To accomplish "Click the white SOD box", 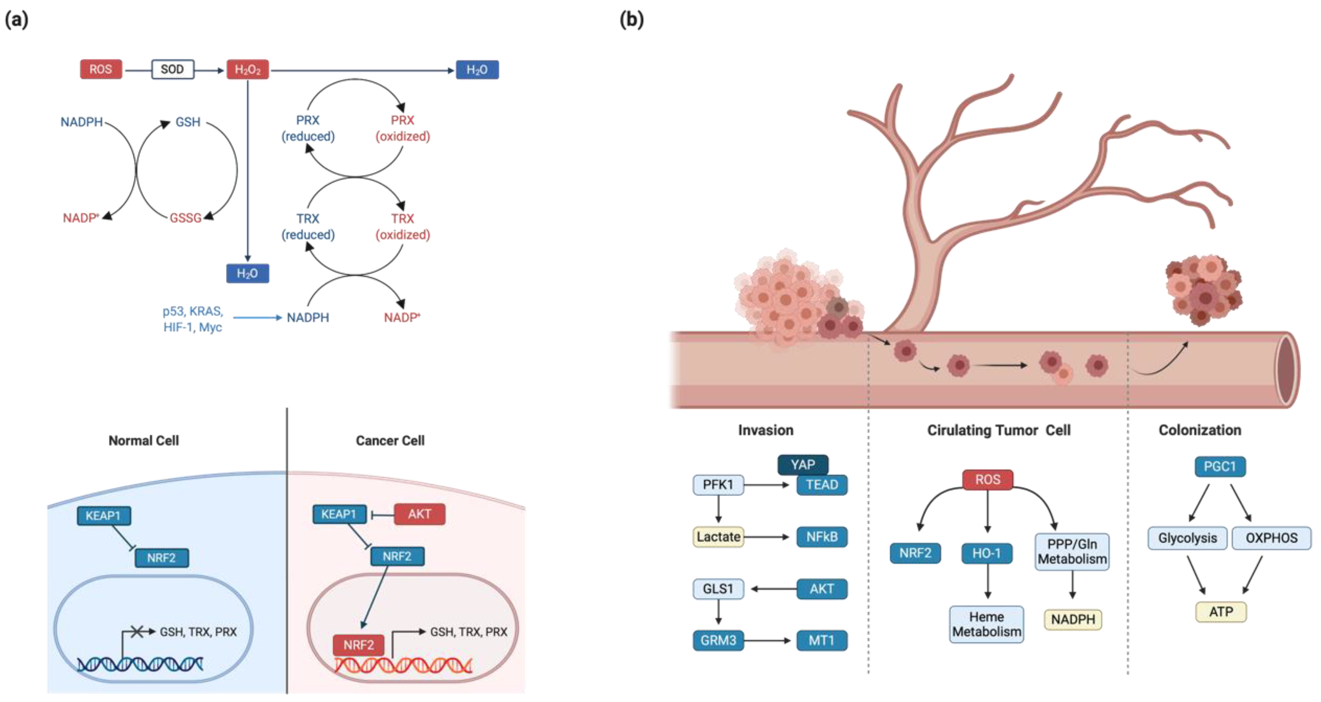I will [x=172, y=69].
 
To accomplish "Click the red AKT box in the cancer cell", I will [x=419, y=514].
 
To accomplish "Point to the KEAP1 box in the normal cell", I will [x=103, y=516].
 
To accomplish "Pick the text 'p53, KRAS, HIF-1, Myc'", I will [x=193, y=319].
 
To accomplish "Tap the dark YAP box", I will [x=802, y=465].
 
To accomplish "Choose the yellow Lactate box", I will [x=718, y=537].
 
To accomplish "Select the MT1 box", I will [x=822, y=641].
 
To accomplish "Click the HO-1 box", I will [x=987, y=553].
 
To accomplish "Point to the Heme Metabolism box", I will [x=987, y=624].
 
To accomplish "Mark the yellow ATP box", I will [x=1221, y=612].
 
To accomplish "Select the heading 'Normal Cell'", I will [x=144, y=441].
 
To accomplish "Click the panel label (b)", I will [x=632, y=19].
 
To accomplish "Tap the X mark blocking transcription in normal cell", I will [x=136, y=632].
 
